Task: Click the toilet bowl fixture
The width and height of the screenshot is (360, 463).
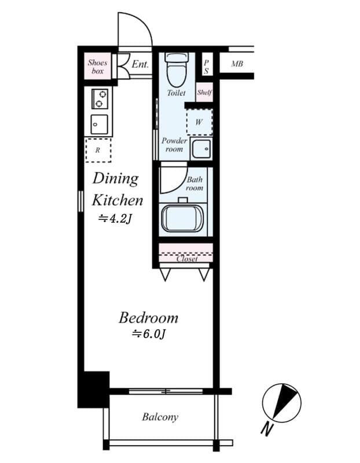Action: point(177,69)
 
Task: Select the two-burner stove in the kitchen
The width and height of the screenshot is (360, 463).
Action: point(100,98)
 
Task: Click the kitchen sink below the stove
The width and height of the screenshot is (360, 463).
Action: point(99,124)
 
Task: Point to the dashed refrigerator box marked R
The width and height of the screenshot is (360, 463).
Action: point(98,150)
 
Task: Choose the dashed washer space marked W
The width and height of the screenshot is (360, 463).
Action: point(199,122)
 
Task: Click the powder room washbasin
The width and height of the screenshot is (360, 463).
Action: point(201,149)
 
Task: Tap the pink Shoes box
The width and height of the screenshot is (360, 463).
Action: point(97,67)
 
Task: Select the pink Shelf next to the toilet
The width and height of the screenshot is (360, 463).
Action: point(204,92)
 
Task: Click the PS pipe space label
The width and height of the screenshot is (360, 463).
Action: point(207,67)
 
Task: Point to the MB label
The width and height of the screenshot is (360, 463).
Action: point(237,64)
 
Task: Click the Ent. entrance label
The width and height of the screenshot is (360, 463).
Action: point(140,64)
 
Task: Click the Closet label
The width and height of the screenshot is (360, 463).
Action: point(187,259)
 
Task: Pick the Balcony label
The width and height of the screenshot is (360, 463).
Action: point(160,417)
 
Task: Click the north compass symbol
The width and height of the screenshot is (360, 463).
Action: point(282,403)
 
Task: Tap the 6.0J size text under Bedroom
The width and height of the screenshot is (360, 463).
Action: point(149,334)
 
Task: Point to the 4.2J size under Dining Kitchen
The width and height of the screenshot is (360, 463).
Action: point(115,219)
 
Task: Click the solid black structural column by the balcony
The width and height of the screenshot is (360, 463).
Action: point(93,389)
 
